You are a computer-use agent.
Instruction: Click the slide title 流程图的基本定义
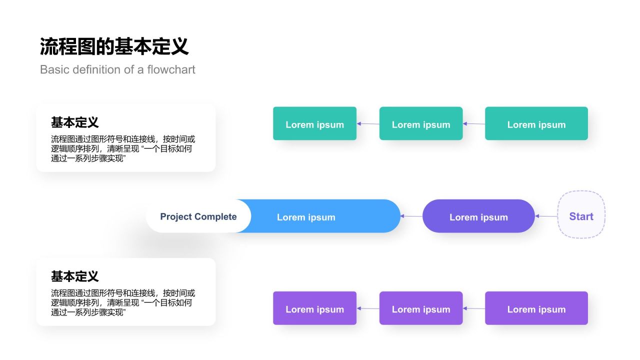[x=114, y=47]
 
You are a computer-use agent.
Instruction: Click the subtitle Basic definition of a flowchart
[x=117, y=69]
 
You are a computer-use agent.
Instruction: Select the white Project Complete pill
[x=198, y=216]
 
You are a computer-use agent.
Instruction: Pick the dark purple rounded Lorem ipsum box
[x=478, y=216]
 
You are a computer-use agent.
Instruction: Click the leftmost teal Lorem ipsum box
[x=314, y=123]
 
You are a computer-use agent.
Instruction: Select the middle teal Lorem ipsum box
[x=421, y=123]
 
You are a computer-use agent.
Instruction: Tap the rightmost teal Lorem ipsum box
[x=536, y=123]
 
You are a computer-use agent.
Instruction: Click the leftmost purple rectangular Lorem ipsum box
[x=314, y=308]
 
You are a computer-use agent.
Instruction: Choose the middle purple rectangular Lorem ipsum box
[x=421, y=308]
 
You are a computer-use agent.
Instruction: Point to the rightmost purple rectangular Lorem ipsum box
[x=536, y=308]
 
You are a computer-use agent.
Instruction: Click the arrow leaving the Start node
[x=546, y=216]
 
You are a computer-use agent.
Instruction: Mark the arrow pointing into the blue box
[x=411, y=216]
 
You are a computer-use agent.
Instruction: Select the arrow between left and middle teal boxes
[x=368, y=123]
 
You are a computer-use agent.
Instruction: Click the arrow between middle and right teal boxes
[x=474, y=123]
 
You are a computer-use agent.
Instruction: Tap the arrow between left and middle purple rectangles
[x=368, y=308]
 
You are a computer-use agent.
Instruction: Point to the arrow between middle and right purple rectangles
[x=474, y=308]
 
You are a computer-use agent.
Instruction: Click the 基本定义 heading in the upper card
[x=75, y=122]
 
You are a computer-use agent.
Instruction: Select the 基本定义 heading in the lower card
[x=75, y=276]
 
